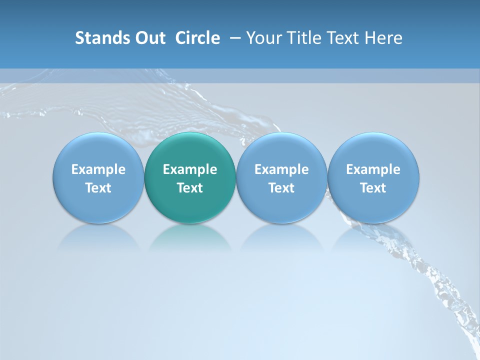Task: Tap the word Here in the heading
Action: tap(384, 38)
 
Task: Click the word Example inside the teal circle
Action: tap(190, 169)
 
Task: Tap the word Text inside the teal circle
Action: tap(190, 188)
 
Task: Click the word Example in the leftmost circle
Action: tap(98, 169)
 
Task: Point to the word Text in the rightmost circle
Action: tap(373, 188)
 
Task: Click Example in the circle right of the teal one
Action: tap(281, 169)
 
